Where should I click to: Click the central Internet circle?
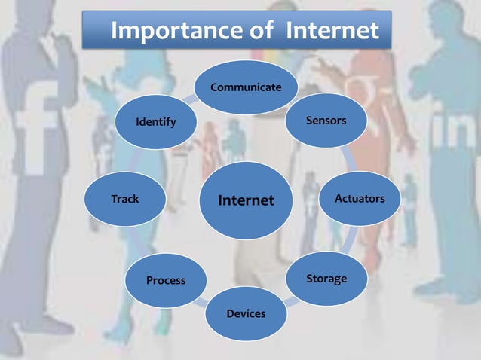point(246,200)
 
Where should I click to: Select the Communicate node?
point(246,87)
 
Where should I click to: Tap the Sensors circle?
point(326,121)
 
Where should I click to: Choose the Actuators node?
point(360,199)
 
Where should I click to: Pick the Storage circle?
point(326,279)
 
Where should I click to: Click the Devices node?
point(246,313)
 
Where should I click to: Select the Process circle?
point(166,280)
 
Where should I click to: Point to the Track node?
point(125,200)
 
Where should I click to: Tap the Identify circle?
point(155,122)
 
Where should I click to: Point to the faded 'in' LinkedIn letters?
point(452,134)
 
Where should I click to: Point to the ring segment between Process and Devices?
point(200,301)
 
